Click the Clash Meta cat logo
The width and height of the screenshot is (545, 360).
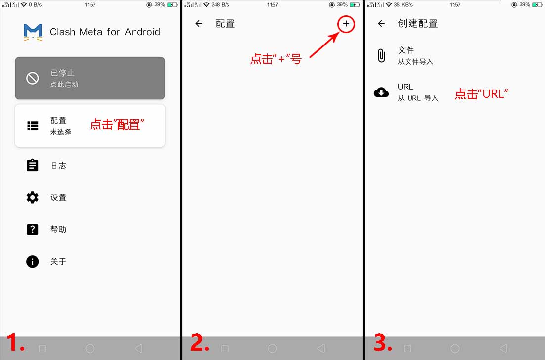point(33,32)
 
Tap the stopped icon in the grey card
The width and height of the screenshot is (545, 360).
point(32,78)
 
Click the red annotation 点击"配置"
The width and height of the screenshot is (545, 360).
point(117,125)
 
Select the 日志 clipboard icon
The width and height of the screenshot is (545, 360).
point(32,165)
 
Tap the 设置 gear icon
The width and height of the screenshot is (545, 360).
point(32,197)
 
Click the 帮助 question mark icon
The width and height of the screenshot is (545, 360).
point(32,229)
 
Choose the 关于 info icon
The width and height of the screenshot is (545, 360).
point(32,261)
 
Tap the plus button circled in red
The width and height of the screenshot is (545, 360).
point(346,24)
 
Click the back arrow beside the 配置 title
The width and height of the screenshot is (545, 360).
point(199,24)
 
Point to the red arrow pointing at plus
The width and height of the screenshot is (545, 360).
point(324,45)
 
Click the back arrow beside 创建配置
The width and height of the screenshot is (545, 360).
point(381,24)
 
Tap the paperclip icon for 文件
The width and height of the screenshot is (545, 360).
point(381,55)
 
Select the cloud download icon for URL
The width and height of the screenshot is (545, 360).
point(381,92)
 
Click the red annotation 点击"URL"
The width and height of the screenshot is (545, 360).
point(481,94)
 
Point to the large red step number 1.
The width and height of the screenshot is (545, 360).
point(15,342)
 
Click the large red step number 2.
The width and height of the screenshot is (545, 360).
point(200,342)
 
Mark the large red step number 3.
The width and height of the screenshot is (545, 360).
point(383,342)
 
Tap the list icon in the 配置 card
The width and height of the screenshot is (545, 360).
point(33,126)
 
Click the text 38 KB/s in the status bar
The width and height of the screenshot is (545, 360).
point(403,5)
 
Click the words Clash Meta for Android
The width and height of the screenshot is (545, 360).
point(105,32)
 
